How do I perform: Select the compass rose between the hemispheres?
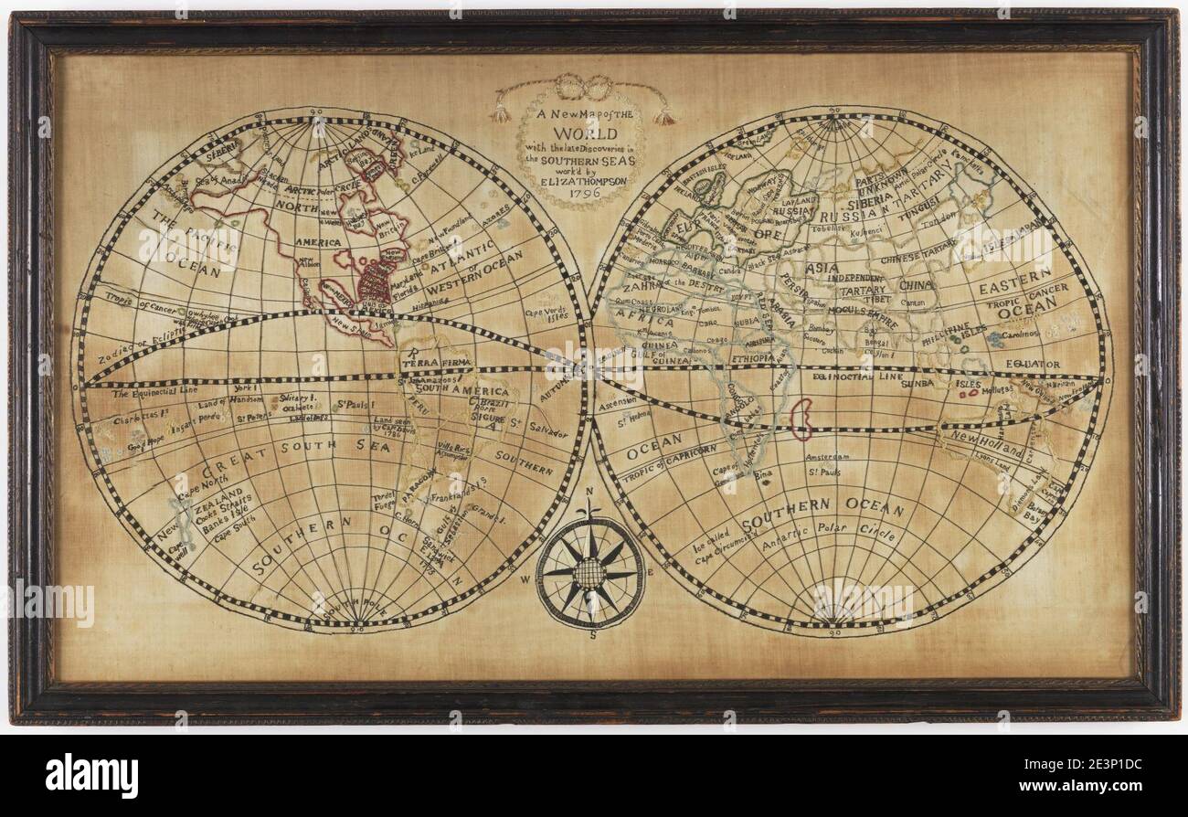590,573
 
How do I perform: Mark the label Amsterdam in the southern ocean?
829,455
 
